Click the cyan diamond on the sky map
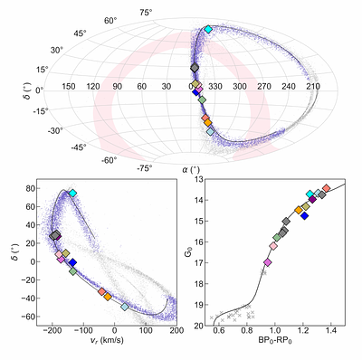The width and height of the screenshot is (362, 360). (208, 30)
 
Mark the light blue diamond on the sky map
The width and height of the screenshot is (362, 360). (211, 132)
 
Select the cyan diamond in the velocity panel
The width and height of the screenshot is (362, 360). (72, 194)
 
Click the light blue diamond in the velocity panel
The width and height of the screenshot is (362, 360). (125, 307)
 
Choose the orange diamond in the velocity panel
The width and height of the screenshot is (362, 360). (108, 296)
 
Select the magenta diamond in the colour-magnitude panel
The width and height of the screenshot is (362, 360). (267, 262)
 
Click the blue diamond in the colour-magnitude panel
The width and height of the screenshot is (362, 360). (305, 216)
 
